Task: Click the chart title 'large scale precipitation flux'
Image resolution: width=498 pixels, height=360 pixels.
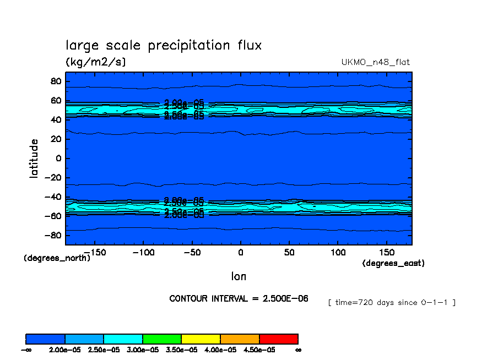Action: pos(164,46)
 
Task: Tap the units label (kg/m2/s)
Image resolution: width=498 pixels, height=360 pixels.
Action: pos(96,62)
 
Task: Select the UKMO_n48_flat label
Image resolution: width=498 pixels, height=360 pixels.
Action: pos(376,62)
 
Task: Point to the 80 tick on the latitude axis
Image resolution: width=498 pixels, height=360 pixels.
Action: pos(55,81)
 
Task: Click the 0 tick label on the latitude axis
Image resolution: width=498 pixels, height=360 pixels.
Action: pos(58,159)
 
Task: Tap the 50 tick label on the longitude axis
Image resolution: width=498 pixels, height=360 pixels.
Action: pos(289,252)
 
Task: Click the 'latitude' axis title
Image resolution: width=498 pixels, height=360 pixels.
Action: pos(34,158)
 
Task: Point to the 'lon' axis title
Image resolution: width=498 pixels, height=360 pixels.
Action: pos(239,276)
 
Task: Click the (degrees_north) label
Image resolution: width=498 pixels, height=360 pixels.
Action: pos(57,258)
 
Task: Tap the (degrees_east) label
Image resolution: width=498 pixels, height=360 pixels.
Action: pos(393,263)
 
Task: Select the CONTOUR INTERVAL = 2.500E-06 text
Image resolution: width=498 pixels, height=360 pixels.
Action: pos(239,298)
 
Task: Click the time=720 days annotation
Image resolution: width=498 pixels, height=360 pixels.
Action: pos(391,302)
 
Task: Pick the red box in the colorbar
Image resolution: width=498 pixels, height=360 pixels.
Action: pos(278,339)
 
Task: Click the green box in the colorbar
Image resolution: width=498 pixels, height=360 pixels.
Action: pos(162,339)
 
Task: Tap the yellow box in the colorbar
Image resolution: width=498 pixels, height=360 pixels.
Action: pos(201,339)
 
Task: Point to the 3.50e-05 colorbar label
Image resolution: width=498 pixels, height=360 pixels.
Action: pos(181,350)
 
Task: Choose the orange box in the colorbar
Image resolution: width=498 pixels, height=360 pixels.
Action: pos(240,339)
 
